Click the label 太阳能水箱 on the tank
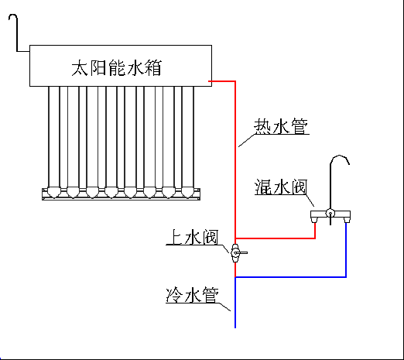pyautogui.click(x=119, y=67)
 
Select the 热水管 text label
pyautogui.click(x=282, y=125)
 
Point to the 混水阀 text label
pyautogui.click(x=282, y=187)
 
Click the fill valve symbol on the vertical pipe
pyautogui.click(x=235, y=252)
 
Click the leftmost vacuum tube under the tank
pyautogui.click(x=53, y=135)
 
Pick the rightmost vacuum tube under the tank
pyautogui.click(x=187, y=135)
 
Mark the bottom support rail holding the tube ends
pyautogui.click(x=120, y=197)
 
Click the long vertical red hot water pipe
pyautogui.click(x=235, y=163)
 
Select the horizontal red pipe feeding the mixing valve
pyautogui.click(x=275, y=238)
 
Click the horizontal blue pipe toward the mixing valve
pyautogui.click(x=290, y=276)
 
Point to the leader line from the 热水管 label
pyautogui.click(x=246, y=140)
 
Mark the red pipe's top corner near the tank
pyautogui.click(x=235, y=81)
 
